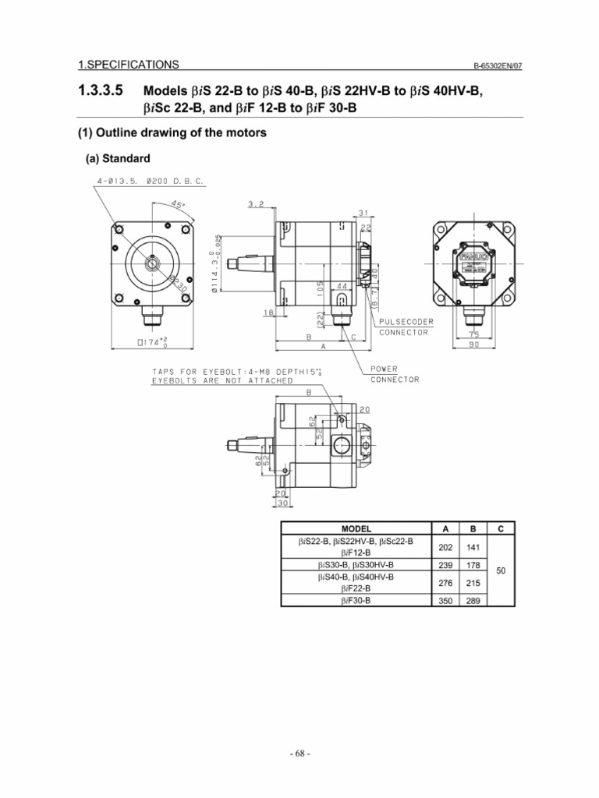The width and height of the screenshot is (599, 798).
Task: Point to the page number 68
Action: pyautogui.click(x=299, y=754)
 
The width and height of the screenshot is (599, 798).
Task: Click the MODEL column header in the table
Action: pyautogui.click(x=356, y=528)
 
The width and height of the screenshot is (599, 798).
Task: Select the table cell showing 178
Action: pyautogui.click(x=472, y=564)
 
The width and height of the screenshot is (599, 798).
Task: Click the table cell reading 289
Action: pyautogui.click(x=472, y=602)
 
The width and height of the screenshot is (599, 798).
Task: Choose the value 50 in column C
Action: pyautogui.click(x=501, y=571)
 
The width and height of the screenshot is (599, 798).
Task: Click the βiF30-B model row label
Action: pyautogui.click(x=356, y=602)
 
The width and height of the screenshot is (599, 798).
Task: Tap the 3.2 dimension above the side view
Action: pyautogui.click(x=257, y=204)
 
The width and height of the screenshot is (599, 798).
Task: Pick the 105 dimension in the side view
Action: pyautogui.click(x=319, y=287)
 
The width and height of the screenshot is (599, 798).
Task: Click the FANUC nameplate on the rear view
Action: pyautogui.click(x=473, y=254)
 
